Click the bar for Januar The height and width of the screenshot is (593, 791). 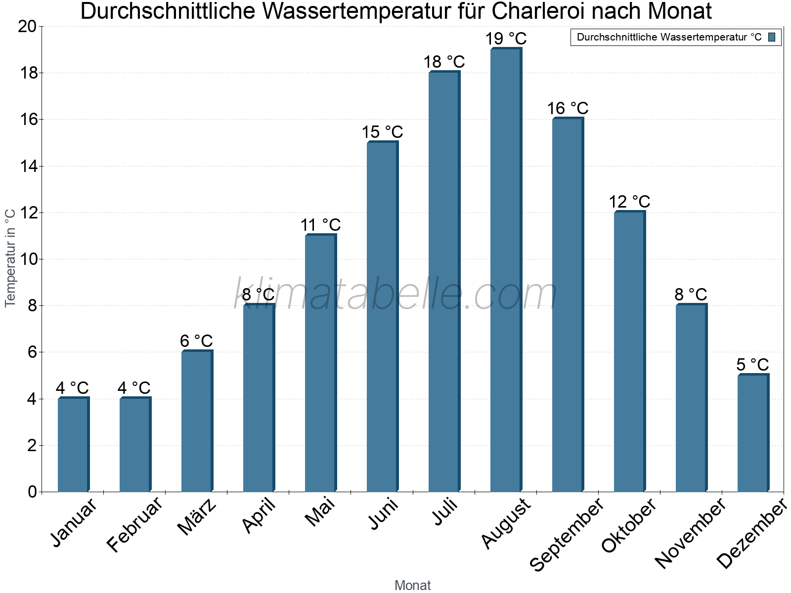pyautogui.click(x=73, y=445)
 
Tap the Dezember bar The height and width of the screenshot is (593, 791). pyautogui.click(x=753, y=433)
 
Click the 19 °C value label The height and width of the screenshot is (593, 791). pyautogui.click(x=506, y=39)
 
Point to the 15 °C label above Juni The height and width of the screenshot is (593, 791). pyautogui.click(x=382, y=132)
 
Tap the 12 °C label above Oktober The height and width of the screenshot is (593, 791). pyautogui.click(x=629, y=202)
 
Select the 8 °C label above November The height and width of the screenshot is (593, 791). pyautogui.click(x=691, y=295)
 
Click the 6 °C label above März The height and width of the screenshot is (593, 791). pyautogui.click(x=196, y=341)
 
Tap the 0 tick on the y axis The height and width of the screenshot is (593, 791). pyautogui.click(x=33, y=492)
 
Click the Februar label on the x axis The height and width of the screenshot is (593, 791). pyautogui.click(x=134, y=524)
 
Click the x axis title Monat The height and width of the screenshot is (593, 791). pyautogui.click(x=412, y=585)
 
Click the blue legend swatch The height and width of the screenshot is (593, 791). pyautogui.click(x=772, y=37)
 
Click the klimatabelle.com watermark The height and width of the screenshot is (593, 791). pyautogui.click(x=395, y=294)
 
